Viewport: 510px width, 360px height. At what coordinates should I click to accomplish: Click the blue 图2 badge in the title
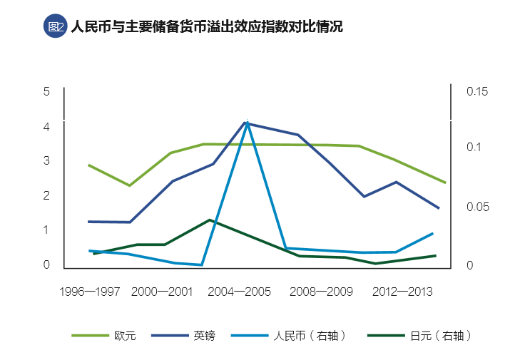click(x=54, y=27)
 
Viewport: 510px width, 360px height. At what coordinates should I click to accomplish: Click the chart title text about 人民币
click(x=207, y=27)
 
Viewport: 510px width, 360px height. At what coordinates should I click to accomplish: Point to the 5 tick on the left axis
click(x=46, y=91)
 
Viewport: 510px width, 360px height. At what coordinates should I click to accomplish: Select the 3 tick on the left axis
click(x=46, y=160)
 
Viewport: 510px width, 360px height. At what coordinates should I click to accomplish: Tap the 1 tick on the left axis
click(x=46, y=230)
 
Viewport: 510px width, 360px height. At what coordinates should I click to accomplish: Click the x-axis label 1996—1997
click(x=89, y=291)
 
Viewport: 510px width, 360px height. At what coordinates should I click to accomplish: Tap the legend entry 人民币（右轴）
click(x=310, y=335)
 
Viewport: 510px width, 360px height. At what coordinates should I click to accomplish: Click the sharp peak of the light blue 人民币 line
click(x=247, y=122)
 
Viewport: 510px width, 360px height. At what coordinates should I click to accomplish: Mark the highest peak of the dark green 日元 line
click(x=209, y=220)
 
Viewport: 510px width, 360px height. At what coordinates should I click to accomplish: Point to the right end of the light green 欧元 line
click(x=445, y=182)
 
